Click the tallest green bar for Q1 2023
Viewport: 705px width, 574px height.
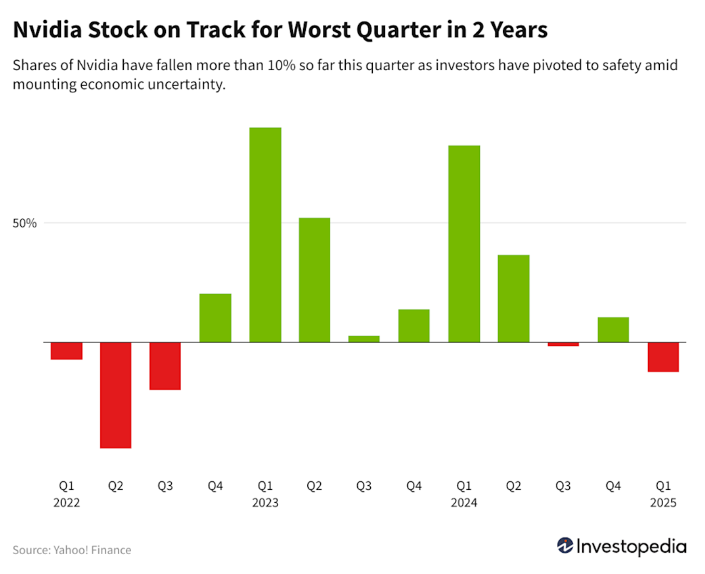point(265,234)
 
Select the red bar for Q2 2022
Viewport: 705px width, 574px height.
point(115,395)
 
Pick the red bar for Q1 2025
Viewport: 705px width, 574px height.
point(663,357)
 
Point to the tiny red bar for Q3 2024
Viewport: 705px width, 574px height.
point(563,344)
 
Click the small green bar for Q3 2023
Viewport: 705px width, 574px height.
point(364,339)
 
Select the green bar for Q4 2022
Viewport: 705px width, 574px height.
point(215,318)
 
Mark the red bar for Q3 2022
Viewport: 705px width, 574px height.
point(165,366)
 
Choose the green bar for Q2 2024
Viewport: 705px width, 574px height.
point(513,298)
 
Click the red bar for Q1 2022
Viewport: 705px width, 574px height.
point(67,351)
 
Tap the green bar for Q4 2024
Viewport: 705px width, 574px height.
point(613,330)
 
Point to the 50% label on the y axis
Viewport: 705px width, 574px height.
point(24,224)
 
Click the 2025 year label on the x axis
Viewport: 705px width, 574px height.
point(663,503)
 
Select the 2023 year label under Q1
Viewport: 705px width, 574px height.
point(265,503)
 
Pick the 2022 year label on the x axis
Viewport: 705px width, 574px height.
point(67,503)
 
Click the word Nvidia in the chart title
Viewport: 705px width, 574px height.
point(47,30)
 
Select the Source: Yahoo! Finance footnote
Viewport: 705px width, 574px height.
point(72,550)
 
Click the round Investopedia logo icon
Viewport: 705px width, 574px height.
point(565,546)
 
